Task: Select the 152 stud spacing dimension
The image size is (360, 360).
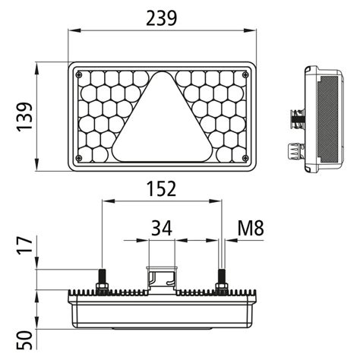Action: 160,188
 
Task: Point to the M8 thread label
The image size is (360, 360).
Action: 250,226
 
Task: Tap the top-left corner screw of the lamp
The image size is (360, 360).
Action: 79,74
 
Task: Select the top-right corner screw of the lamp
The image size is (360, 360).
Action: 244,74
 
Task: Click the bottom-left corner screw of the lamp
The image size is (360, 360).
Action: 79,157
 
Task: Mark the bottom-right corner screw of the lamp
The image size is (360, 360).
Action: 244,157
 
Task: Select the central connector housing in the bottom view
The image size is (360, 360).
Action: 160,279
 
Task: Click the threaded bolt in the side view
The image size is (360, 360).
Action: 294,118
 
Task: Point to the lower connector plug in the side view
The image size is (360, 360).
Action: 292,150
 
